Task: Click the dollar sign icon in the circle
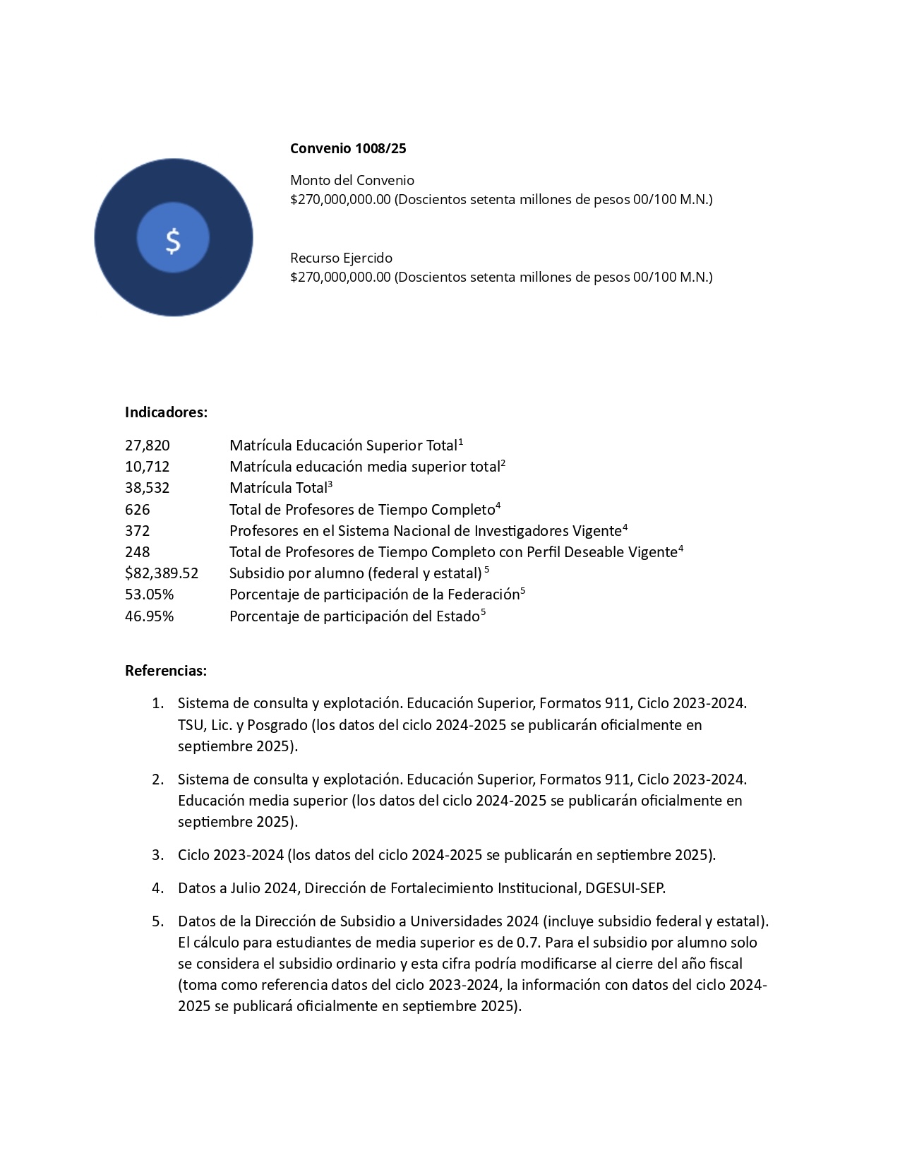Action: [x=173, y=240]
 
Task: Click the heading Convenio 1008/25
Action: [x=348, y=148]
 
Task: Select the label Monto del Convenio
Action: [x=352, y=181]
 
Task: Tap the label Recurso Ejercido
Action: [x=341, y=258]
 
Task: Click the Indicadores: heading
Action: [x=166, y=412]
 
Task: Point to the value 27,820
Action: [x=148, y=446]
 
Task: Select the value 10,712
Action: [x=148, y=467]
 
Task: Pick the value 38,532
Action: [x=148, y=488]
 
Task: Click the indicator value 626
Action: [x=138, y=510]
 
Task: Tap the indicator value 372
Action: [x=138, y=531]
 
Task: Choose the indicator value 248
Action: [x=138, y=552]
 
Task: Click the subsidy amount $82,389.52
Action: [x=162, y=573]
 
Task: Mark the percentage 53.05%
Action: [x=150, y=595]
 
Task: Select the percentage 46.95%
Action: [x=150, y=616]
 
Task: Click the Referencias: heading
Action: [x=166, y=671]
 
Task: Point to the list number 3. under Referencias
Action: [x=157, y=855]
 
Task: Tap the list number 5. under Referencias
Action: [x=157, y=921]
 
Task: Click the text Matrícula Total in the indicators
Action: [x=278, y=488]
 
